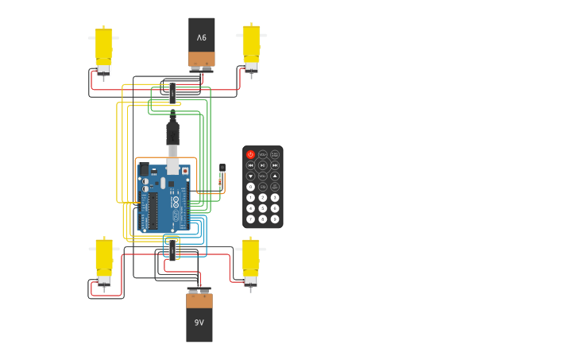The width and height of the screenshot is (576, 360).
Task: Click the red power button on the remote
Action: pyautogui.click(x=250, y=155)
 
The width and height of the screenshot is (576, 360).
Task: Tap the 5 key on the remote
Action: pyautogui.click(x=263, y=208)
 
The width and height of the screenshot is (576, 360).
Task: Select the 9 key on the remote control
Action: pyautogui.click(x=275, y=219)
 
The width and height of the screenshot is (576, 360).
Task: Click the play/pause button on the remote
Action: pyautogui.click(x=263, y=165)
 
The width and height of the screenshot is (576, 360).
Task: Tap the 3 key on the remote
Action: pyautogui.click(x=275, y=198)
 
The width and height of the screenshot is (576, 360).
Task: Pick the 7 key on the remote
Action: pyautogui.click(x=250, y=219)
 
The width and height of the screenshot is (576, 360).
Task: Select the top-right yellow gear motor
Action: pyautogui.click(x=251, y=47)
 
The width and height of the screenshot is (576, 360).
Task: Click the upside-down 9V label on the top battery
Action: pyautogui.click(x=202, y=37)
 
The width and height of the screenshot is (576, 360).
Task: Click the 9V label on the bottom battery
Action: pyautogui.click(x=199, y=323)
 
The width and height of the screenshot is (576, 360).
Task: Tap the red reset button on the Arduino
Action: pyautogui.click(x=185, y=171)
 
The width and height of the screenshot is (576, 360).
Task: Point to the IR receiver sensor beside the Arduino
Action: pyautogui.click(x=222, y=168)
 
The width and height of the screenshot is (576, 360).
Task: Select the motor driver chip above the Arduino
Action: pyautogui.click(x=172, y=93)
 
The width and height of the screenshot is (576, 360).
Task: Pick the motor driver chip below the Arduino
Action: pyautogui.click(x=172, y=251)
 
